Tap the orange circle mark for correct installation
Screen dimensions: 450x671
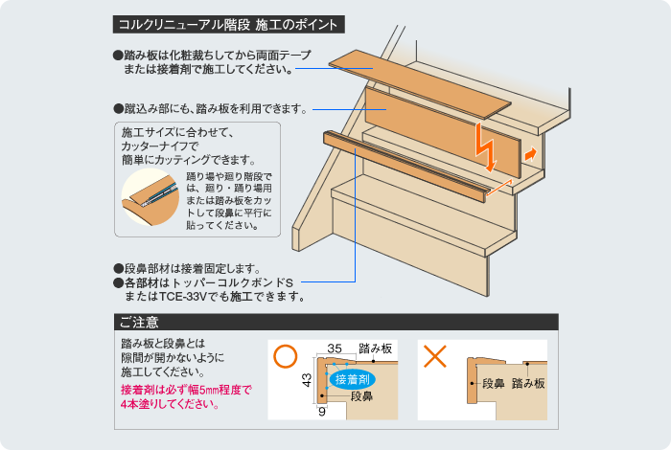[284, 357]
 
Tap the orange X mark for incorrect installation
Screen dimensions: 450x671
[435, 357]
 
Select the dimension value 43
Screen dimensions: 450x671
[308, 380]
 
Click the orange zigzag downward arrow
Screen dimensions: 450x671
[486, 146]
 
